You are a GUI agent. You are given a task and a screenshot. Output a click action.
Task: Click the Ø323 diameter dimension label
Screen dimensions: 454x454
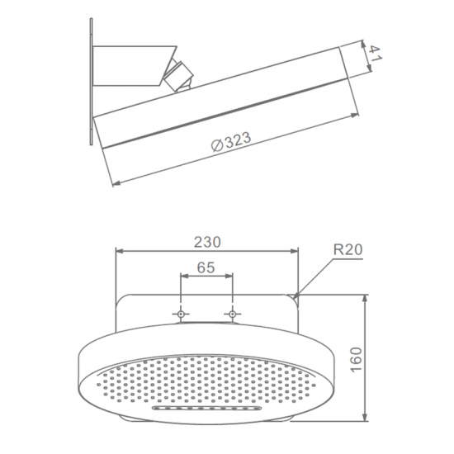tap(231, 142)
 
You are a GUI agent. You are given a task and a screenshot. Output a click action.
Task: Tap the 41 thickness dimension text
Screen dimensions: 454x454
tap(375, 54)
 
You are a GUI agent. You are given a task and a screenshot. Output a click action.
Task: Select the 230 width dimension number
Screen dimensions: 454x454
tap(207, 242)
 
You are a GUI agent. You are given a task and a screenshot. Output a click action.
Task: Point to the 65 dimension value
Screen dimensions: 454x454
tap(206, 267)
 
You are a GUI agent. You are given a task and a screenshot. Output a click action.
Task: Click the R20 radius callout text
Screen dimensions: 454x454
tap(348, 249)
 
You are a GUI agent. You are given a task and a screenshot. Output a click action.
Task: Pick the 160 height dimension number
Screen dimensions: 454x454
tap(356, 360)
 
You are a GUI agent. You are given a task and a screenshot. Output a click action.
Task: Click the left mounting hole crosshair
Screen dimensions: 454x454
tap(181, 314)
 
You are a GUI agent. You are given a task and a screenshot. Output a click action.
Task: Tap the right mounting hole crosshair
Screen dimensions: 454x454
tap(232, 314)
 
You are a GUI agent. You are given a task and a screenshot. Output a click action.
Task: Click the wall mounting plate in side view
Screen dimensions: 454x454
tap(91, 82)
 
